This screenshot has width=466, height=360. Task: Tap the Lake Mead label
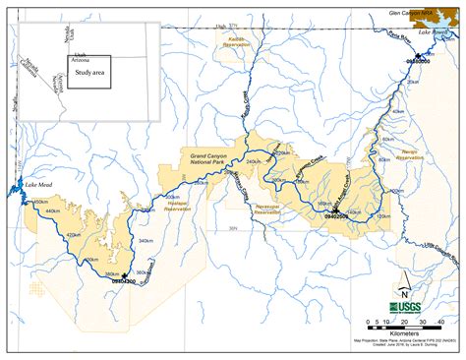click(x=37, y=185)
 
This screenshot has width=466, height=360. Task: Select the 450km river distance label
click(x=39, y=204)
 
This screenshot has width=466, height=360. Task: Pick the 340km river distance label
click(x=146, y=240)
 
